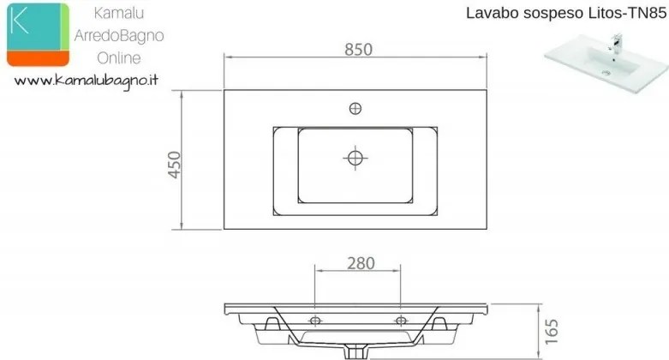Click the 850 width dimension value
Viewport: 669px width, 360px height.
click(x=358, y=50)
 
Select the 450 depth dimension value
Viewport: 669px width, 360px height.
click(x=175, y=165)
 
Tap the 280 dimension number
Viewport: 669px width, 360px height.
click(x=361, y=263)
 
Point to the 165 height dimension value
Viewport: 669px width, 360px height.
click(x=552, y=332)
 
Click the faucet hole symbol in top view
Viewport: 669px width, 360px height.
click(x=355, y=109)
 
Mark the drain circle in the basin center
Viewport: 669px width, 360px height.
click(x=355, y=158)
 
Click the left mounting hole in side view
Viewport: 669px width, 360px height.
click(x=315, y=320)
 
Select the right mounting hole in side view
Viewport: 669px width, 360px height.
click(x=401, y=320)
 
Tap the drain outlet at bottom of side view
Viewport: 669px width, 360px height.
click(x=355, y=352)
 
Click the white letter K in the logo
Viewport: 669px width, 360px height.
click(x=20, y=21)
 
